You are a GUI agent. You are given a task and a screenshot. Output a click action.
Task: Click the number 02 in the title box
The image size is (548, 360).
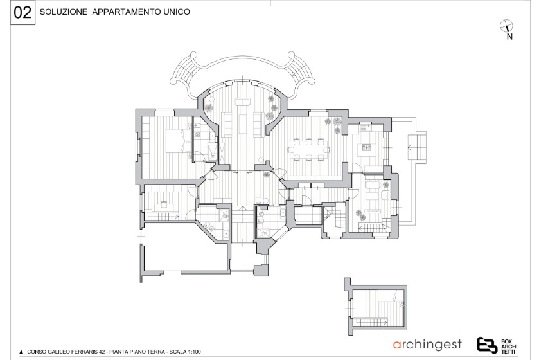(22, 13)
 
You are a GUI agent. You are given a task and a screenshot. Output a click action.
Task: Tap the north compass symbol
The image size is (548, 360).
(506, 26)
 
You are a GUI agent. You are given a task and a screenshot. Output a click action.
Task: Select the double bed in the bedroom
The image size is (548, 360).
(177, 141)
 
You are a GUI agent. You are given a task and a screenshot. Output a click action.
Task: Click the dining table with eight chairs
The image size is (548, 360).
(308, 150)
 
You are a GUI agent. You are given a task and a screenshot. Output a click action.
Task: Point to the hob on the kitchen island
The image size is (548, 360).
(366, 147)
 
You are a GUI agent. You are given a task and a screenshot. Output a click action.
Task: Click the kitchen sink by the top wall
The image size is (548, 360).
(366, 127)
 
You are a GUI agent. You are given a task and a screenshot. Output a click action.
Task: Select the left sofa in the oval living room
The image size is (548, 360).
(228, 124)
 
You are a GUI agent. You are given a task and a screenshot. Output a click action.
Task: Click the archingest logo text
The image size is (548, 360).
(427, 345)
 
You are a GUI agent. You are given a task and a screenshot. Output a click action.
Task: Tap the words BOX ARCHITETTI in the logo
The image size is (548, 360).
(509, 346)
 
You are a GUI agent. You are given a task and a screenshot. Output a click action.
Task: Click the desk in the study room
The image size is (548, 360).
(164, 204)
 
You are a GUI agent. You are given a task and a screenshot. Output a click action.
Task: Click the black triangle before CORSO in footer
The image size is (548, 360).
(21, 352)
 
